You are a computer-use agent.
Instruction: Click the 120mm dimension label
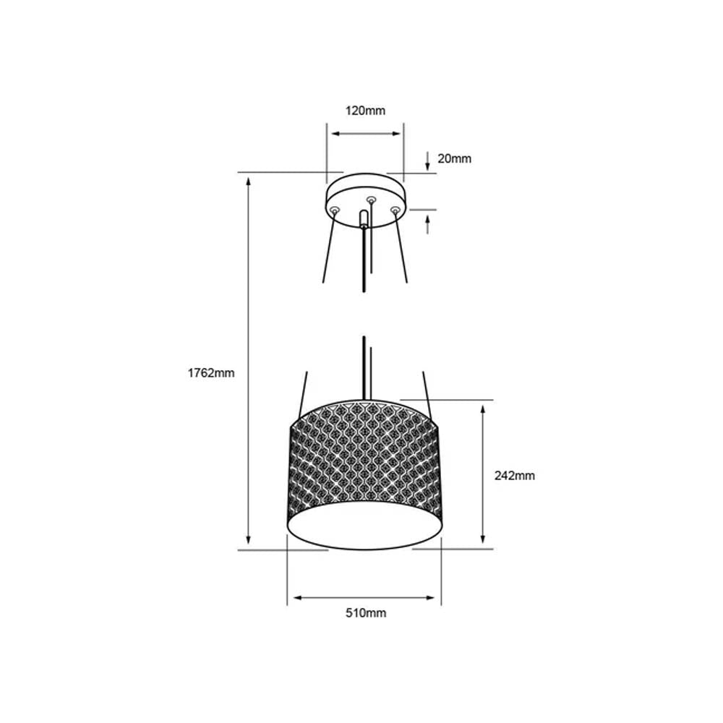click(365, 111)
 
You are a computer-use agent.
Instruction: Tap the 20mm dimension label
click(455, 158)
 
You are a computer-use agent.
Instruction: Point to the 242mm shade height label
click(514, 476)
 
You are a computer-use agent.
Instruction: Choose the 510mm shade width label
click(365, 613)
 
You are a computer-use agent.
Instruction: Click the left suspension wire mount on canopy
click(334, 210)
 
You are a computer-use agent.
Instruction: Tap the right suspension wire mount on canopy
click(395, 210)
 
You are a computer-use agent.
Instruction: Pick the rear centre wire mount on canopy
click(371, 200)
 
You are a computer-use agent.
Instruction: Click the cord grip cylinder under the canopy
click(363, 219)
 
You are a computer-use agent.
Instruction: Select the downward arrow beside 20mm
click(428, 160)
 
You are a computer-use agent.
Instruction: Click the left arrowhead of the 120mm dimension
click(333, 134)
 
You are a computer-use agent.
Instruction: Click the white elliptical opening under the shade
click(364, 526)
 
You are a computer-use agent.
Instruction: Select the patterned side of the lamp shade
click(364, 455)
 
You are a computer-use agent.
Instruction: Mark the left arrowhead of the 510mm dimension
click(293, 598)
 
